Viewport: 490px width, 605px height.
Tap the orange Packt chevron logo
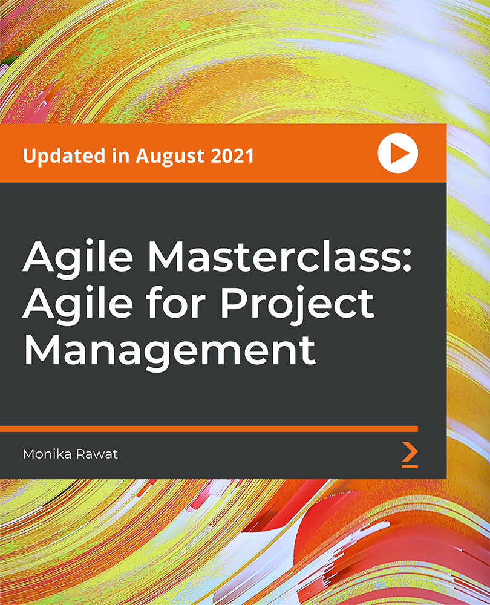point(410,453)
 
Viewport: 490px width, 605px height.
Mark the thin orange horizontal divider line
point(209,428)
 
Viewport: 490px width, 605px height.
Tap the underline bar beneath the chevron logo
point(410,466)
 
